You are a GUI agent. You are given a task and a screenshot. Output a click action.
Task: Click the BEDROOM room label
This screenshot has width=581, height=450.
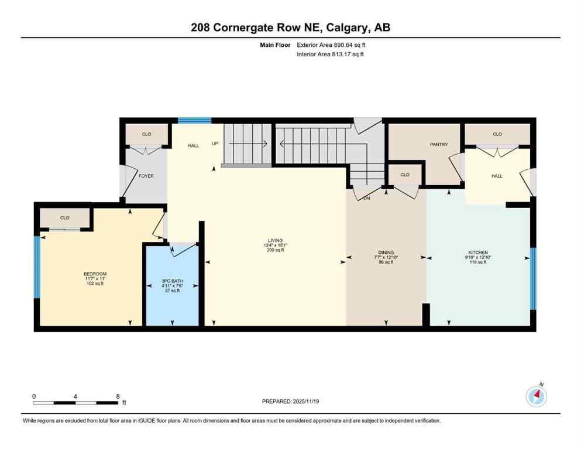click(x=95, y=274)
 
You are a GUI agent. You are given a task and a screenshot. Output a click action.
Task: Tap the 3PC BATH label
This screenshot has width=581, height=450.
click(x=173, y=281)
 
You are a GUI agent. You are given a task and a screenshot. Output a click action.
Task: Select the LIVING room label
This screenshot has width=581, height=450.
click(x=275, y=240)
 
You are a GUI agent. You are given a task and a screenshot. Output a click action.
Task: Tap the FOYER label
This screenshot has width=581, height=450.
click(x=146, y=176)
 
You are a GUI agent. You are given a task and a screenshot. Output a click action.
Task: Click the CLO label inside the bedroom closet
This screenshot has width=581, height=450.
click(x=64, y=218)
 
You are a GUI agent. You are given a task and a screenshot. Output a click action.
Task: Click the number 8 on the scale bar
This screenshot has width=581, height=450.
click(x=118, y=396)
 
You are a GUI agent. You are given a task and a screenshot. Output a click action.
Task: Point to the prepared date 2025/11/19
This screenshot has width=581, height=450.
click(x=305, y=401)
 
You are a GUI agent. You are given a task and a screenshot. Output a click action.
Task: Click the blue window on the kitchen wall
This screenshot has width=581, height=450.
click(x=532, y=278)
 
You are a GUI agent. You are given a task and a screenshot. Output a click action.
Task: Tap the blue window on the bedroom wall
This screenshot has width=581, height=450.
click(x=37, y=267)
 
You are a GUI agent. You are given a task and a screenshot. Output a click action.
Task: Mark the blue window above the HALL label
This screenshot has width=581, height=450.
click(x=194, y=121)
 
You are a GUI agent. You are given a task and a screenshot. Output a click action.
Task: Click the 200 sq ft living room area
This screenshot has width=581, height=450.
click(x=275, y=250)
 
